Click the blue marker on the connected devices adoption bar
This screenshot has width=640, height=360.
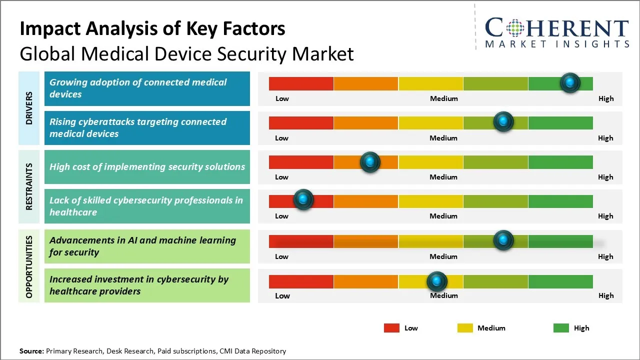click(570, 82)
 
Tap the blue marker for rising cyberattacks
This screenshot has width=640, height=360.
click(503, 121)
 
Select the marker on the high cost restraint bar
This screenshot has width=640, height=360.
click(370, 162)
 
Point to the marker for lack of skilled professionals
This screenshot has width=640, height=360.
click(303, 200)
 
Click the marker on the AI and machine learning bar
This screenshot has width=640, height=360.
click(503, 240)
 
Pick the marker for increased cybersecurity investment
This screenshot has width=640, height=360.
click(437, 281)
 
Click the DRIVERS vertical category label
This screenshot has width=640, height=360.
click(29, 108)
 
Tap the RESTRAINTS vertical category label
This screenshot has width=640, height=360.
click(29, 186)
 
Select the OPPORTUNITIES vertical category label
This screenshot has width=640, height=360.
click(29, 266)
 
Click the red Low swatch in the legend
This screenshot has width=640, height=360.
click(391, 328)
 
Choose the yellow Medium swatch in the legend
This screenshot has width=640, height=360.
click(465, 328)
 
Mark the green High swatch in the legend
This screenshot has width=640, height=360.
click(561, 328)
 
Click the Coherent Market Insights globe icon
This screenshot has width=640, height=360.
click(515, 28)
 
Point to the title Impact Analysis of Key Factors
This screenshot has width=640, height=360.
click(152, 29)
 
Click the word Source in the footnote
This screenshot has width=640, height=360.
click(31, 351)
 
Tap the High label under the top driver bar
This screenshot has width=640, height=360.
click(606, 98)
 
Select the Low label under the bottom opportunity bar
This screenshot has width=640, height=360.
click(282, 295)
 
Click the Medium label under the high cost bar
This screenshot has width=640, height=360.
click(443, 177)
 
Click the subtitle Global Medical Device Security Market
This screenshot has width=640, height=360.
click(186, 53)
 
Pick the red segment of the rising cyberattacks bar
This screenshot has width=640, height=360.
click(301, 122)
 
